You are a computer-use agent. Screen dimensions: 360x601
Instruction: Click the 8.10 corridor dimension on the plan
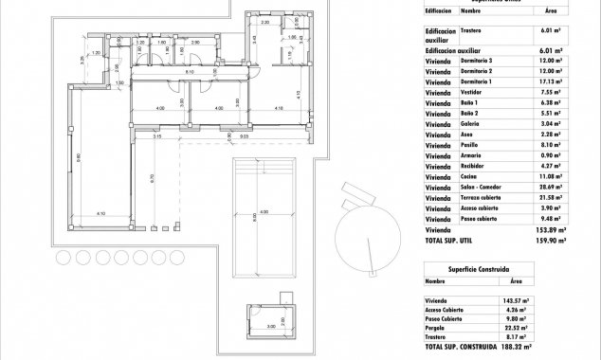(x=190, y=72)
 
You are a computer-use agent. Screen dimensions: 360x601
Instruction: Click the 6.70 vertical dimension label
(x=151, y=176)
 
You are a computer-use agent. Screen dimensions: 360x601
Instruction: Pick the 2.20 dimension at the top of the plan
(x=265, y=21)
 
